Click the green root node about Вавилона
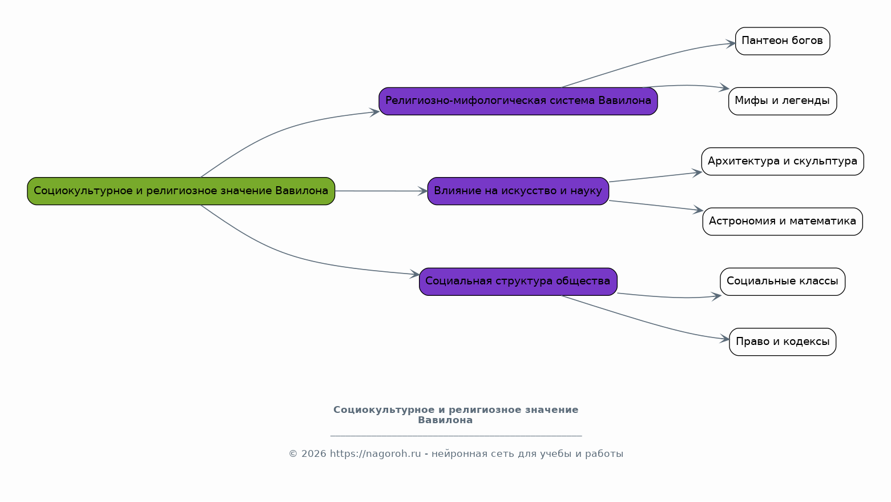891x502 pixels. (x=181, y=191)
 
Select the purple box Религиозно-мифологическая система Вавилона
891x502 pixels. (x=518, y=101)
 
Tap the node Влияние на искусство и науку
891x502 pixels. (x=518, y=191)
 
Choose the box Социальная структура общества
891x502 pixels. (x=518, y=282)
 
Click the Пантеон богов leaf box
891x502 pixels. (x=783, y=41)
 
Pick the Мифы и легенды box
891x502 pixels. (x=783, y=101)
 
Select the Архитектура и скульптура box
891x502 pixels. (x=783, y=161)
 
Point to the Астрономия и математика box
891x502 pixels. (x=783, y=222)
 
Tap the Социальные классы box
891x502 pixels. (x=783, y=282)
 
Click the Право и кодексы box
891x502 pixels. (x=783, y=342)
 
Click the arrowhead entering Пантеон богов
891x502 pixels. (x=731, y=43)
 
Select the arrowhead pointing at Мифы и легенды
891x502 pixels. (x=724, y=88)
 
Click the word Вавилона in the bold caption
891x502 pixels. (x=445, y=420)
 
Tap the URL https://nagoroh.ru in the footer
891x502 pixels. (x=375, y=454)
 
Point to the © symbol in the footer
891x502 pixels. (x=293, y=454)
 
